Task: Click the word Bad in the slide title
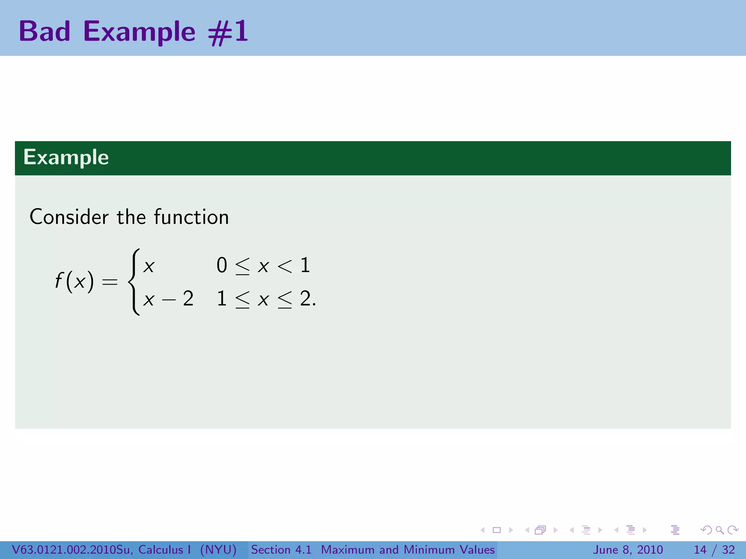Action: pos(44,31)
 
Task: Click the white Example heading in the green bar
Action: pos(66,157)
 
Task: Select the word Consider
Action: pos(69,217)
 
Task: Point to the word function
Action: pos(191,217)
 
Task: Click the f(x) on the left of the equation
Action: pos(74,281)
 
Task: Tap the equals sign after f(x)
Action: pos(110,281)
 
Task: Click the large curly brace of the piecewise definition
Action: pos(134,282)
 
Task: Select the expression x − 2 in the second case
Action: pos(168,299)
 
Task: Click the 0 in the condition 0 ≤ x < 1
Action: pos(221,265)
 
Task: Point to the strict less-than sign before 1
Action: pos(284,266)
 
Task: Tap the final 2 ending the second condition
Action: pos(305,299)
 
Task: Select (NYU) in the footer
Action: pos(218,550)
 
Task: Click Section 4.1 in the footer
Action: pos(281,550)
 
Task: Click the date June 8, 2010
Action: pos(628,550)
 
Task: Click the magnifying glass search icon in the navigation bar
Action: pos(719,530)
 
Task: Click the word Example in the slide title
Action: pos(139,32)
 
